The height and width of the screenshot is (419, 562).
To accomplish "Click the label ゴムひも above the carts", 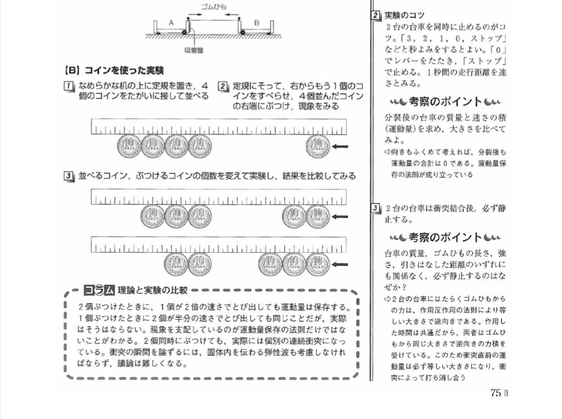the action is pos(213,6).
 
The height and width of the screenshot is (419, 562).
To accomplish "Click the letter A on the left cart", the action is pos(171,23).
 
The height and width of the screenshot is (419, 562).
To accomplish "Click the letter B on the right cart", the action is pos(257,23).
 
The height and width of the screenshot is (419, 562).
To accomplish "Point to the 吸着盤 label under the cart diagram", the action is pos(194,51).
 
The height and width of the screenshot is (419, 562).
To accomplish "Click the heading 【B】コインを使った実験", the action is pos(114,70).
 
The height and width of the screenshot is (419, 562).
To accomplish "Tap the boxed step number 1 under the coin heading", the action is pos(68,86).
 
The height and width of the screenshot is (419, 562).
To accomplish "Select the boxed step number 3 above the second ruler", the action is pos(68,176).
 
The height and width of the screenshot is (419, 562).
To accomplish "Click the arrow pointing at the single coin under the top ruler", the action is pos(340,146).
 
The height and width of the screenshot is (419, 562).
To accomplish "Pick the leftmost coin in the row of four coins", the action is pos(129,146).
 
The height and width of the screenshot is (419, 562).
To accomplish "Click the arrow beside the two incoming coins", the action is pos(340,216).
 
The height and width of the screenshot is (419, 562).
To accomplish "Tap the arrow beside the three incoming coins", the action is pos(340,265).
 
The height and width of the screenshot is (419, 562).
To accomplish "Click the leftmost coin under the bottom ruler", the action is pos(176,265).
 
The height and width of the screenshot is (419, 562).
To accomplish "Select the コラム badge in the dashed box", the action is pos(99,290).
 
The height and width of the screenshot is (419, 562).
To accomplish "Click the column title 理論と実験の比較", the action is pos(152,290).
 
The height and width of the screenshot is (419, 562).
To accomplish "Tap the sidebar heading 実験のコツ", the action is pos(404,15).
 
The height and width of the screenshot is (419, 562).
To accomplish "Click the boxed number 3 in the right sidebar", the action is pos(375,208).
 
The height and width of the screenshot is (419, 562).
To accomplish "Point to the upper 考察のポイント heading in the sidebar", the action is pos(446,102).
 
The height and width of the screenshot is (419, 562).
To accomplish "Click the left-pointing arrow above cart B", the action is pos(232,15).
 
